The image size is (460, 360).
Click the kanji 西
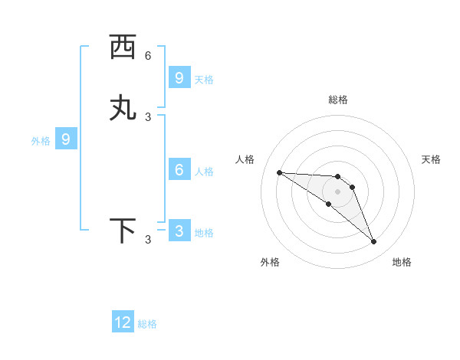tap(123, 47)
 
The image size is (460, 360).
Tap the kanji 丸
tap(123, 108)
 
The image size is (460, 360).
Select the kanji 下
tap(123, 231)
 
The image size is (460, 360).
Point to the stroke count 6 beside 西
tap(148, 56)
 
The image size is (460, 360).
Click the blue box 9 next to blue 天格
tap(179, 77)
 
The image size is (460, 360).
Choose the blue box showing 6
tap(179, 170)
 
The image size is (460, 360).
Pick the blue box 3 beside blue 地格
tap(179, 231)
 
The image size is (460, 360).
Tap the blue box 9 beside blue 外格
tap(66, 139)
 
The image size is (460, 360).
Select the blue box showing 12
tap(123, 322)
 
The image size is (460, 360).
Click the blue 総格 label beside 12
tap(147, 324)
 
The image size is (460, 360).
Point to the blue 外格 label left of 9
tap(40, 141)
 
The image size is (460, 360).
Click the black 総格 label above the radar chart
tap(337, 100)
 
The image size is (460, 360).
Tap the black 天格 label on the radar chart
tap(431, 159)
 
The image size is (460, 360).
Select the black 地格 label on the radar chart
tap(402, 262)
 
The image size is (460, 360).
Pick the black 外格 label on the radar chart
tap(270, 262)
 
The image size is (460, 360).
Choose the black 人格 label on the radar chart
tap(245, 159)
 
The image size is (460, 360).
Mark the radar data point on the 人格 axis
tap(280, 172)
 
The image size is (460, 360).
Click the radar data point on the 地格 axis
tap(373, 242)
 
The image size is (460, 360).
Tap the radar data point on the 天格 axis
tap(352, 187)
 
